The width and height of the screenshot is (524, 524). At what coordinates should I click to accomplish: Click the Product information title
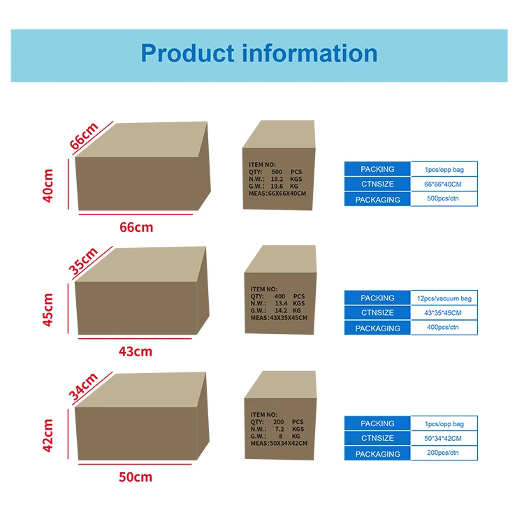click(x=259, y=54)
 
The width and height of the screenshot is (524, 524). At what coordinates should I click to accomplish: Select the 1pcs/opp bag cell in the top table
click(x=444, y=169)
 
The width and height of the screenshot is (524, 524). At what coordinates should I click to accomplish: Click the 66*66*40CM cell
click(x=444, y=184)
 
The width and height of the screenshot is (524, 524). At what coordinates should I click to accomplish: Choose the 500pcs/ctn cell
click(x=444, y=199)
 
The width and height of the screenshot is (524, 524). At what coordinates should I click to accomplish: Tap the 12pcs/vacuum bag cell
click(x=444, y=298)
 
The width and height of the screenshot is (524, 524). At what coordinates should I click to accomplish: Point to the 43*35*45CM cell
click(x=444, y=313)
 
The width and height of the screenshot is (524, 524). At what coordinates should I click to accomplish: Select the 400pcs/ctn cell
click(x=444, y=328)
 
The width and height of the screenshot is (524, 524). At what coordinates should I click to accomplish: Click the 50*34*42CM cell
click(x=444, y=438)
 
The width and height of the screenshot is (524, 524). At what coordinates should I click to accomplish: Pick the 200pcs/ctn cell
click(x=444, y=453)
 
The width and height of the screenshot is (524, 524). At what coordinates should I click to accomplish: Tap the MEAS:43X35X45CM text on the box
click(x=279, y=318)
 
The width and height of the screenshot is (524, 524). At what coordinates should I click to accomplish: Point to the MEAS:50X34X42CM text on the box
click(x=278, y=443)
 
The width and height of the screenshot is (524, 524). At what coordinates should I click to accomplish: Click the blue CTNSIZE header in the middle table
click(x=377, y=313)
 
